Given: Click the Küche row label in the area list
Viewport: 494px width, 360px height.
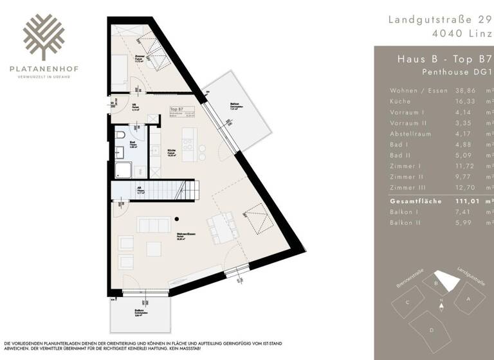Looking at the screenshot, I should [399, 102].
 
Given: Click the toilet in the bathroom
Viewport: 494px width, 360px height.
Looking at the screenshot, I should [120, 136].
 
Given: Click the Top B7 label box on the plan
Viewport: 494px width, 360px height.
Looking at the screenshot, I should [182, 113].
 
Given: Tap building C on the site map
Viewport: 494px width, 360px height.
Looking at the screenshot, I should [407, 302].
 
